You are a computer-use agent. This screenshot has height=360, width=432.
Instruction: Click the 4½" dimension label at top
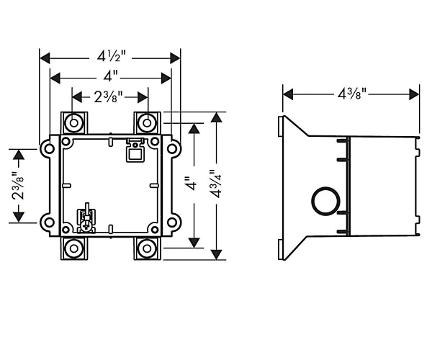pyautogui.click(x=112, y=56)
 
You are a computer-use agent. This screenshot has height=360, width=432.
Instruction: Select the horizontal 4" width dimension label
pyautogui.click(x=111, y=76)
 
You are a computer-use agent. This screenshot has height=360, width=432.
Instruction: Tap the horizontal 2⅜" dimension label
pyautogui.click(x=108, y=96)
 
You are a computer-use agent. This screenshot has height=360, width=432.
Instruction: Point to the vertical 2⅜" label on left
pyautogui.click(x=18, y=186)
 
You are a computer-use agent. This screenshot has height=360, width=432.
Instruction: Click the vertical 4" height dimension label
pyautogui.click(x=192, y=184)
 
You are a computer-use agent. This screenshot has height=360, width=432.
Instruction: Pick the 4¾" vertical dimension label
pyautogui.click(x=215, y=184)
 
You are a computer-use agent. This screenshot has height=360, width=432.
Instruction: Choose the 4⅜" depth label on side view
pyautogui.click(x=352, y=94)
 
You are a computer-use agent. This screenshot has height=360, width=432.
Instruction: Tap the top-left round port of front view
pyautogui.click(x=74, y=123)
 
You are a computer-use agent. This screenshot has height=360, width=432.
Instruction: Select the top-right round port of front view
pyautogui.click(x=147, y=123)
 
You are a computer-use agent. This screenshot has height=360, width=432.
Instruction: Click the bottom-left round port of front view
pyautogui.click(x=74, y=248)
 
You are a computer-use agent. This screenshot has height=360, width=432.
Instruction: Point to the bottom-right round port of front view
pyautogui.click(x=147, y=248)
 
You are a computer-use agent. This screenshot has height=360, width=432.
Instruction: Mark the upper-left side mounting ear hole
pyautogui.click(x=49, y=149)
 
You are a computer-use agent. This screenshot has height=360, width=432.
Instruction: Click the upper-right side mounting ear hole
pyautogui.click(x=172, y=149)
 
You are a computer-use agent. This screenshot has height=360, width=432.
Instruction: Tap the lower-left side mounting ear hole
pyautogui.click(x=49, y=222)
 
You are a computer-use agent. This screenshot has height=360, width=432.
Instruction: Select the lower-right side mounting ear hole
pyautogui.click(x=172, y=222)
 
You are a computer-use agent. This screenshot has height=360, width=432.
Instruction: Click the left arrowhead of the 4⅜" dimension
pyautogui.click(x=288, y=94)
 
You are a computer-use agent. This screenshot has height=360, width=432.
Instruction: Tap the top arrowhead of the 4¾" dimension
pyautogui.click(x=217, y=117)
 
